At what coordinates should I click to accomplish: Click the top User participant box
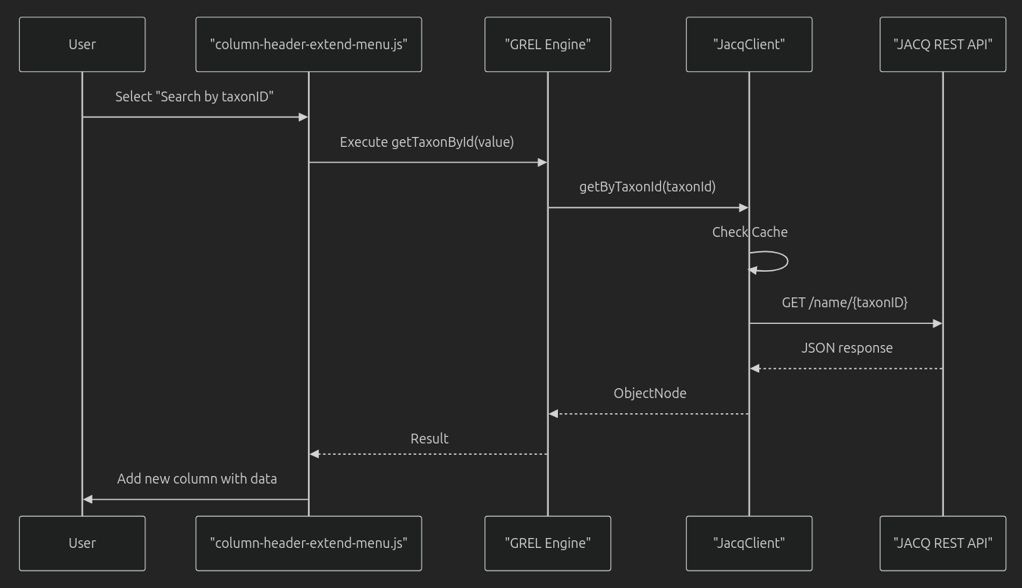(82, 45)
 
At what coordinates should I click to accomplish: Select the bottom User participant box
(82, 543)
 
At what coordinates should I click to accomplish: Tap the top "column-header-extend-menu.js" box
(308, 45)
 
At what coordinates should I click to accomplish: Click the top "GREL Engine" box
(547, 45)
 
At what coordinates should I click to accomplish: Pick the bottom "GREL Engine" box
(547, 543)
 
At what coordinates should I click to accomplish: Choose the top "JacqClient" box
(749, 45)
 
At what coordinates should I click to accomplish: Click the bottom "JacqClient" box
(749, 543)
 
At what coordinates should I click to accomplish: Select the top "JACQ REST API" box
(943, 45)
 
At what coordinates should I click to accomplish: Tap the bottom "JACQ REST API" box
(943, 543)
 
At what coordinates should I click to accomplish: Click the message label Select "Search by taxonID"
(194, 97)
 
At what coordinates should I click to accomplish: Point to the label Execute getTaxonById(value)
(427, 142)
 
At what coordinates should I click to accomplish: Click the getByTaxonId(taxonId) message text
(647, 187)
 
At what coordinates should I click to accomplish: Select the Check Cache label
(749, 232)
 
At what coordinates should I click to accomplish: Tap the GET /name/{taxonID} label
(845, 303)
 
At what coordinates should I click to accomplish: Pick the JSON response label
(846, 348)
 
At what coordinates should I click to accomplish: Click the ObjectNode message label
(650, 394)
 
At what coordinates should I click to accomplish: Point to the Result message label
(429, 439)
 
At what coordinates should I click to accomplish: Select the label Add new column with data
(197, 479)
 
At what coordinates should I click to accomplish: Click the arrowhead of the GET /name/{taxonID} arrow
(937, 323)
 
